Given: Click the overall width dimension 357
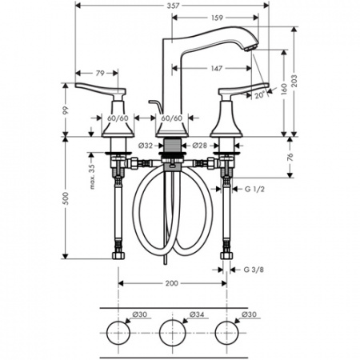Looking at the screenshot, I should pos(170,6).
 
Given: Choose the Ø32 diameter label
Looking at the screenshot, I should pos(146,146).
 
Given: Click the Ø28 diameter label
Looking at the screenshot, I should pos(201,146).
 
